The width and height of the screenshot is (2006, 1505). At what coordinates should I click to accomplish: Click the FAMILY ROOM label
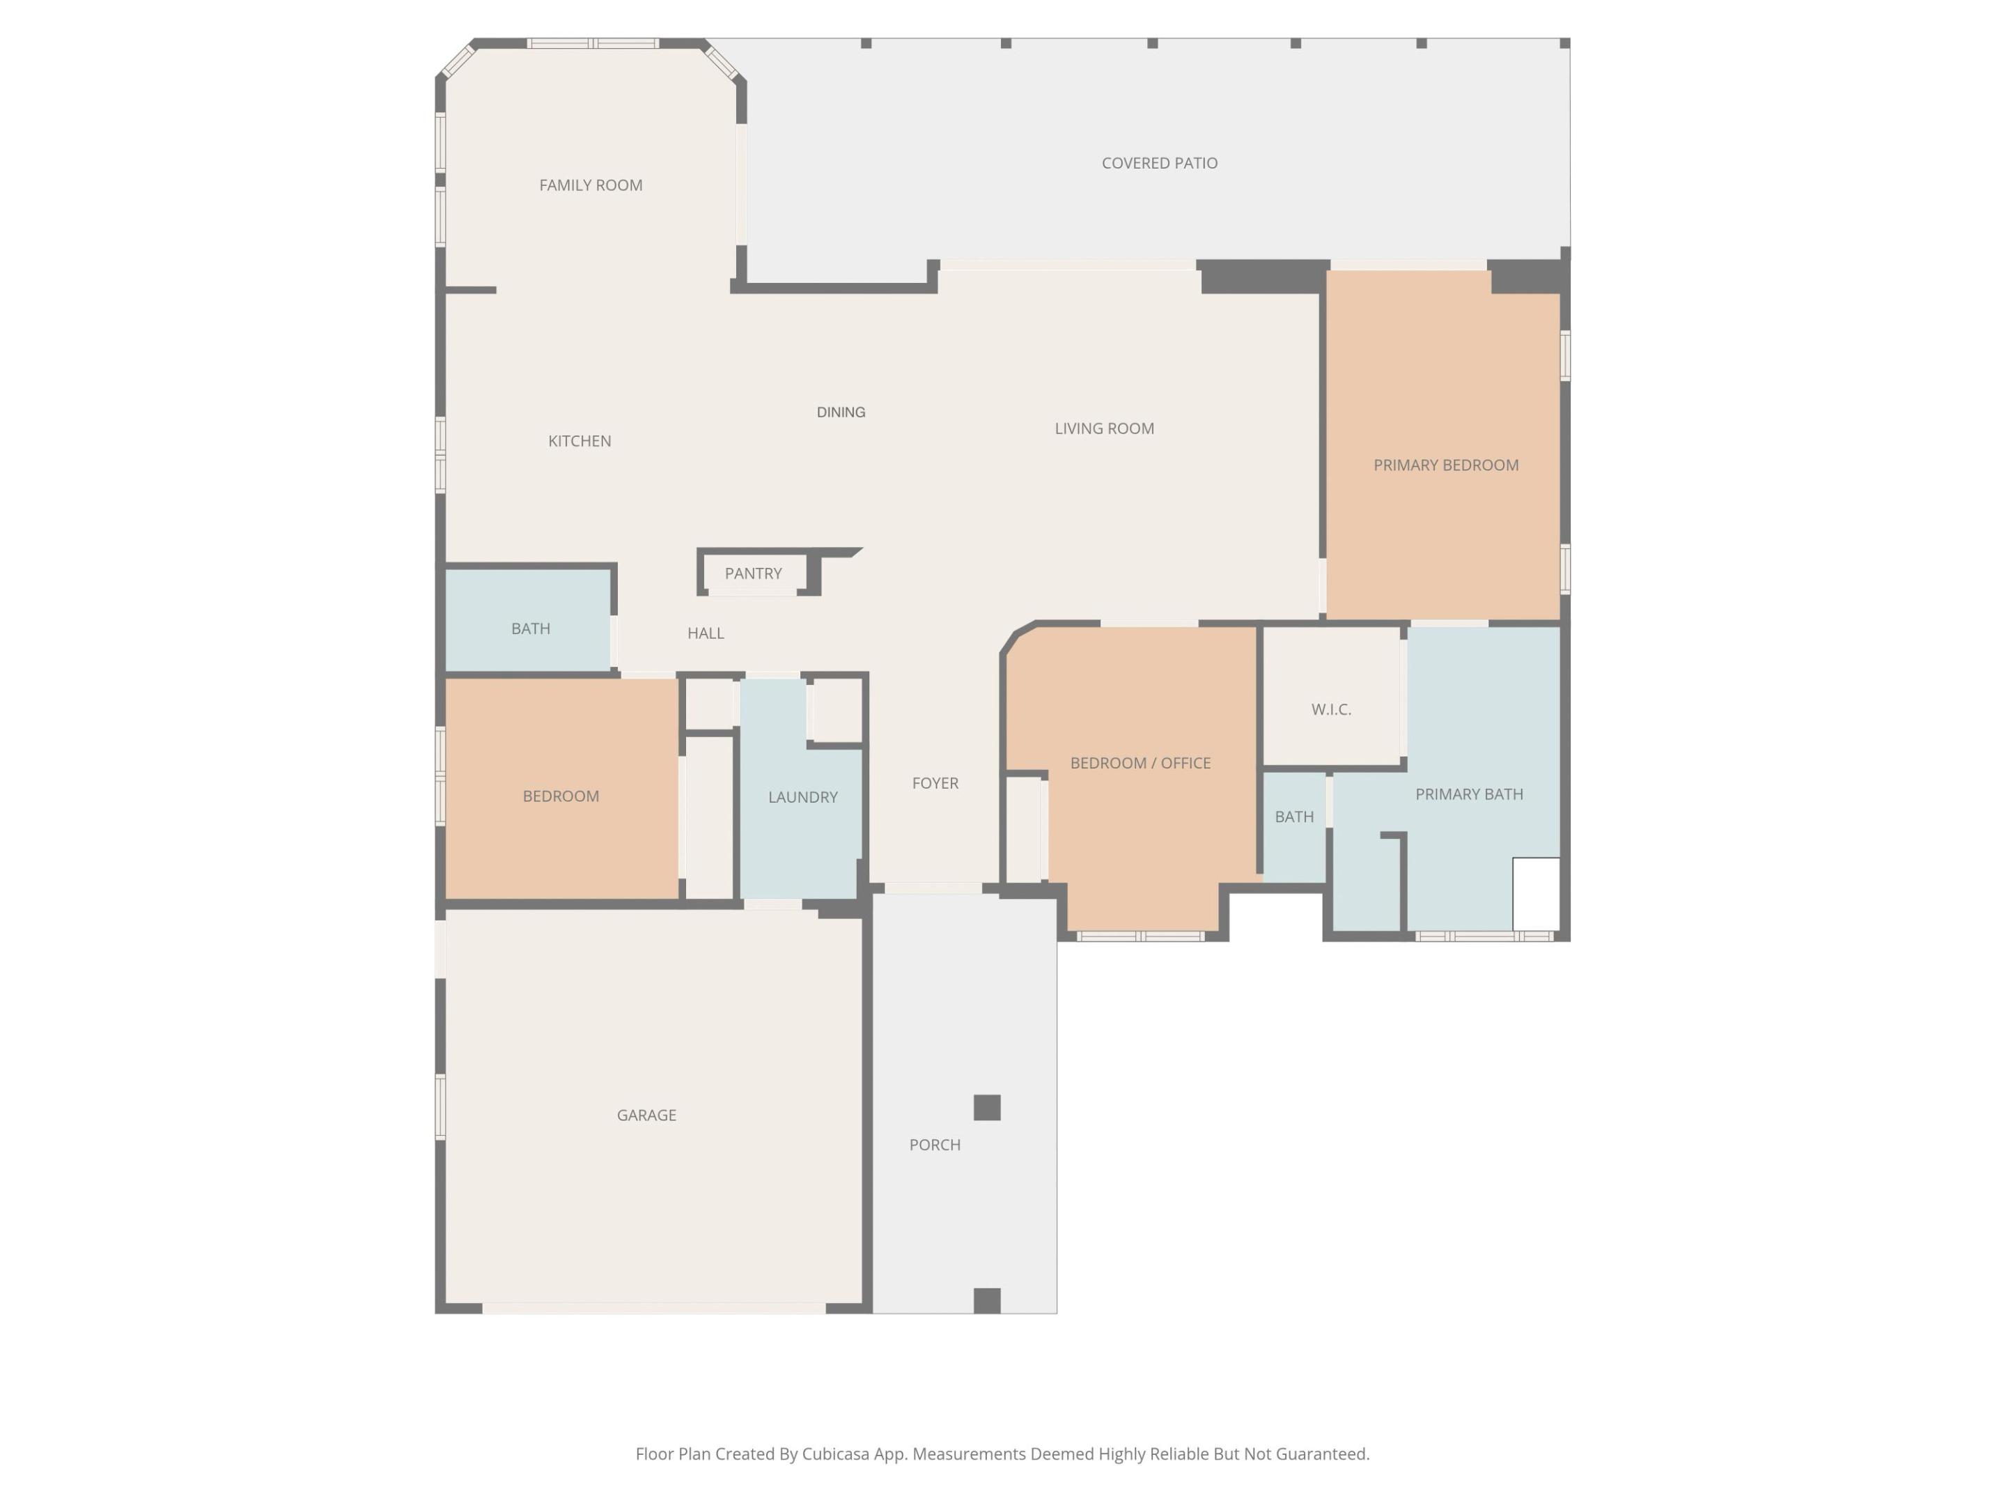click(591, 185)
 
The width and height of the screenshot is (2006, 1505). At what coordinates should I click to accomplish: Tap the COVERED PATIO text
click(1159, 163)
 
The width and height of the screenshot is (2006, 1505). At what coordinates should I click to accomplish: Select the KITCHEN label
click(580, 441)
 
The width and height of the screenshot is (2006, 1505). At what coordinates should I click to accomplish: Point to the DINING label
click(841, 412)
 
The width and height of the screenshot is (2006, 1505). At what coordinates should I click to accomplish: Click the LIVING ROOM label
click(1104, 429)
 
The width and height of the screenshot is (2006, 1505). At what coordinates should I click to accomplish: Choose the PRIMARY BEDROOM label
click(1445, 465)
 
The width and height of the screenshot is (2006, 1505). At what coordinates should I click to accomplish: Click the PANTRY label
click(753, 573)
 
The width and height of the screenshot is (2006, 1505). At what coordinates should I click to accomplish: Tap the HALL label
click(706, 633)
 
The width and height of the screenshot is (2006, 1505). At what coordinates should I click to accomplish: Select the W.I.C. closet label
click(1331, 709)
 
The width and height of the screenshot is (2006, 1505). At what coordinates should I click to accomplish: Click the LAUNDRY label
click(802, 797)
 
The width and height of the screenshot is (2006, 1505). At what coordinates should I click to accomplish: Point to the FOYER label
click(935, 783)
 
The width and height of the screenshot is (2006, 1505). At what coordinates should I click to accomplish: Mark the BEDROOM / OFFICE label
click(1140, 763)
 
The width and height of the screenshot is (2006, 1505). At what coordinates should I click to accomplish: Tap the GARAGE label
click(646, 1115)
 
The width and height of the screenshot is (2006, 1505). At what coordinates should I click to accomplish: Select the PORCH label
click(935, 1145)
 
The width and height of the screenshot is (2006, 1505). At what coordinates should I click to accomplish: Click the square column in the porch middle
click(987, 1108)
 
